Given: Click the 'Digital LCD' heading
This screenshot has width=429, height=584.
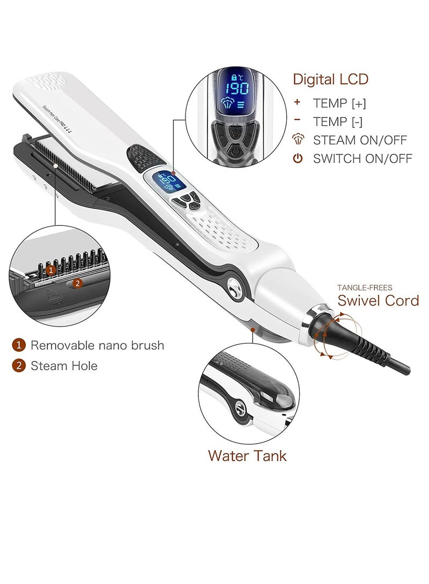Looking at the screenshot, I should tap(330, 80).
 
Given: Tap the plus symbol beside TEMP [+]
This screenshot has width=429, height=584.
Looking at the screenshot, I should tap(298, 102).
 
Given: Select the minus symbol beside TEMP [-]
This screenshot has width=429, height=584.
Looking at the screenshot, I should tap(298, 120).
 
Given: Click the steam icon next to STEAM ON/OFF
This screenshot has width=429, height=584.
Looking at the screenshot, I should tap(298, 140).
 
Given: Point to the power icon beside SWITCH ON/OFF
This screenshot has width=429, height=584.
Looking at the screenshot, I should tap(298, 158).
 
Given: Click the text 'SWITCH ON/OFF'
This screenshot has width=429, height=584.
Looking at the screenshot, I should tap(363, 158).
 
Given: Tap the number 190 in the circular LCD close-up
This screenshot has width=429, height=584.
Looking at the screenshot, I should tap(236, 88).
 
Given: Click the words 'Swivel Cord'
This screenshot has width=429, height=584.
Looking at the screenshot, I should tap(378, 300).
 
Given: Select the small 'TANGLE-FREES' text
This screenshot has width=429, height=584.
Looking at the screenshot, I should tap(365, 287).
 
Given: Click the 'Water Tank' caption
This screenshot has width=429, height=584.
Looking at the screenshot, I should tap(247, 456).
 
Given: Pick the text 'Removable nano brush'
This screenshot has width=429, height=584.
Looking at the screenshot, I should tap(97, 345).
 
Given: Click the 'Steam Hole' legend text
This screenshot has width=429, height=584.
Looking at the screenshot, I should tap(64, 366).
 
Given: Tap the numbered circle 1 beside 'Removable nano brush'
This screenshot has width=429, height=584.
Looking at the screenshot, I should tap(18, 345).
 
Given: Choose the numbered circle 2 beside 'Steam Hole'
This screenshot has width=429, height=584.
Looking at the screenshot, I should tap(18, 366).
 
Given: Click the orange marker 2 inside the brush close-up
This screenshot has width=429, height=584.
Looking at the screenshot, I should tap(77, 284).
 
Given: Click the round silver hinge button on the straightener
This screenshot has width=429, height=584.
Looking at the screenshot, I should tap(234, 290).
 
